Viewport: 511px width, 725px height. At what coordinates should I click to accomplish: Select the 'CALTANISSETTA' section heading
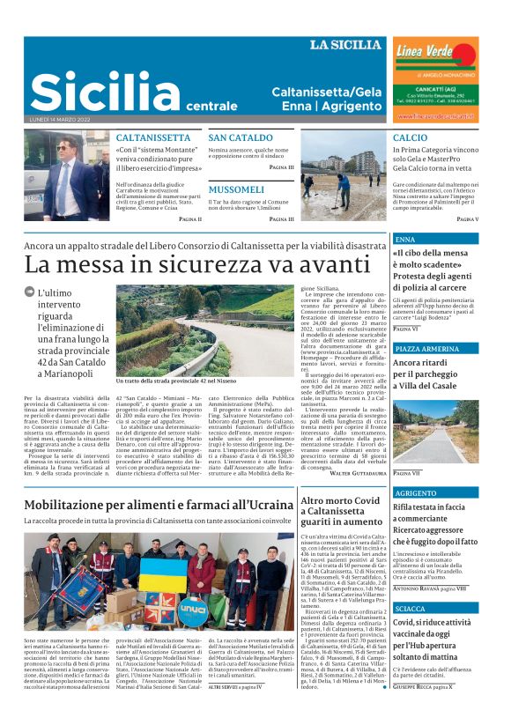[x=153, y=138]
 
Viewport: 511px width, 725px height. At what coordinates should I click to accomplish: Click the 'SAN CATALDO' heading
[x=241, y=138]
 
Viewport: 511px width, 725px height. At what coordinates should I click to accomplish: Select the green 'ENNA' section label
[x=407, y=240]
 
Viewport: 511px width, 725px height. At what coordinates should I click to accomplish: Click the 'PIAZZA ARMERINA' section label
[x=427, y=349]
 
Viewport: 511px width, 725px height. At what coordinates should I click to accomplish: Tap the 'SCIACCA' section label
[x=411, y=608]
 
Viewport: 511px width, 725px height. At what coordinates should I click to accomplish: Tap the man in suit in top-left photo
[x=69, y=176]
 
